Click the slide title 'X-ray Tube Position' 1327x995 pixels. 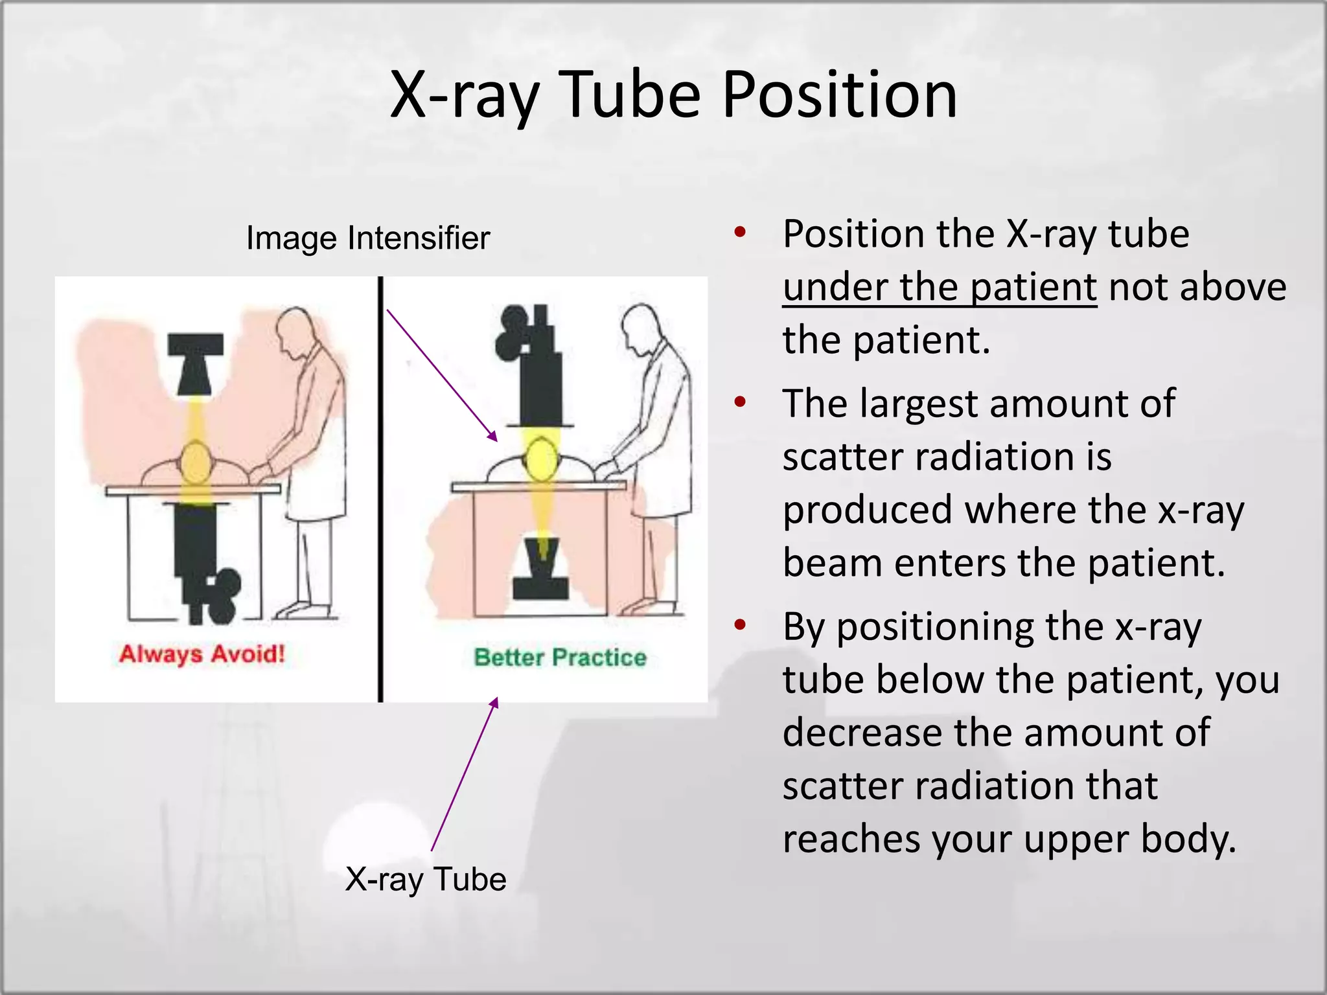pyautogui.click(x=673, y=95)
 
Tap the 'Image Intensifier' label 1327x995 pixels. pyautogui.click(x=368, y=238)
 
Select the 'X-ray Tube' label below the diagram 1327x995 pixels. pyautogui.click(x=426, y=879)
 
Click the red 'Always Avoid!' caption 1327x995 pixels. pyautogui.click(x=202, y=654)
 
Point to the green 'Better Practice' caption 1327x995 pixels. pyautogui.click(x=560, y=657)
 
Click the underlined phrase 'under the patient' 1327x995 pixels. pyautogui.click(x=940, y=287)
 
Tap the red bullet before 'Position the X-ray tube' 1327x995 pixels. pyautogui.click(x=741, y=232)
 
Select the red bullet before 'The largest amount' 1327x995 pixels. pyautogui.click(x=741, y=402)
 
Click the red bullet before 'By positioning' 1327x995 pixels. pyautogui.click(x=741, y=626)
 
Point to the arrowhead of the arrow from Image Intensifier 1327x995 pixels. pyautogui.click(x=494, y=437)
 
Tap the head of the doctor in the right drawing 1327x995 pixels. pyautogui.click(x=641, y=326)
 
